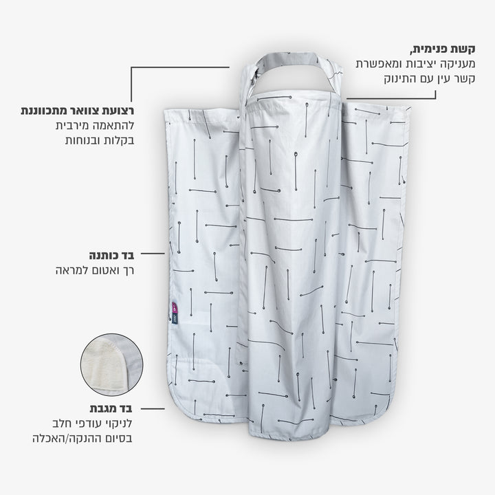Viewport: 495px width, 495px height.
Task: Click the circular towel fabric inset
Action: tap(111, 365)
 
